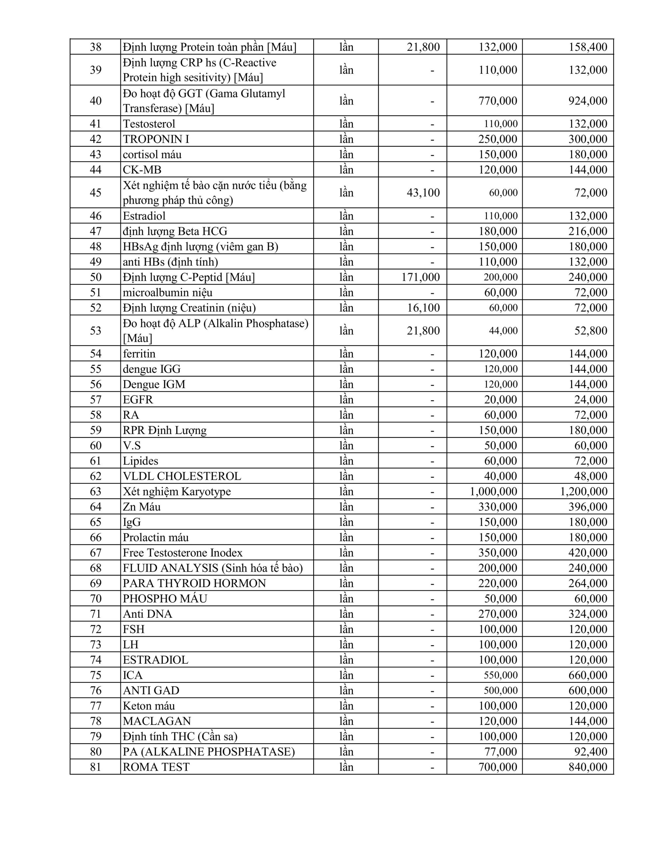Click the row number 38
click(x=95, y=47)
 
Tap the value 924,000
click(x=587, y=101)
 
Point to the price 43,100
click(x=423, y=192)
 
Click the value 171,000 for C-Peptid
click(x=420, y=277)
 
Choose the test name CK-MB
click(x=142, y=170)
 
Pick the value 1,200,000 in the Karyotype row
click(x=584, y=491)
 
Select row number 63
click(x=95, y=491)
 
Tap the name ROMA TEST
click(x=156, y=767)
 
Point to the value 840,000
click(x=587, y=767)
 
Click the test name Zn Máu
click(x=142, y=507)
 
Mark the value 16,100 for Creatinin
click(x=423, y=308)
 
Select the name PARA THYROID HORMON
click(x=194, y=583)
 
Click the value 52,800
click(x=590, y=331)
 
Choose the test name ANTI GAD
click(x=151, y=690)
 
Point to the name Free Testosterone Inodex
click(x=183, y=553)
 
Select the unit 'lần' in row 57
click(x=346, y=399)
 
